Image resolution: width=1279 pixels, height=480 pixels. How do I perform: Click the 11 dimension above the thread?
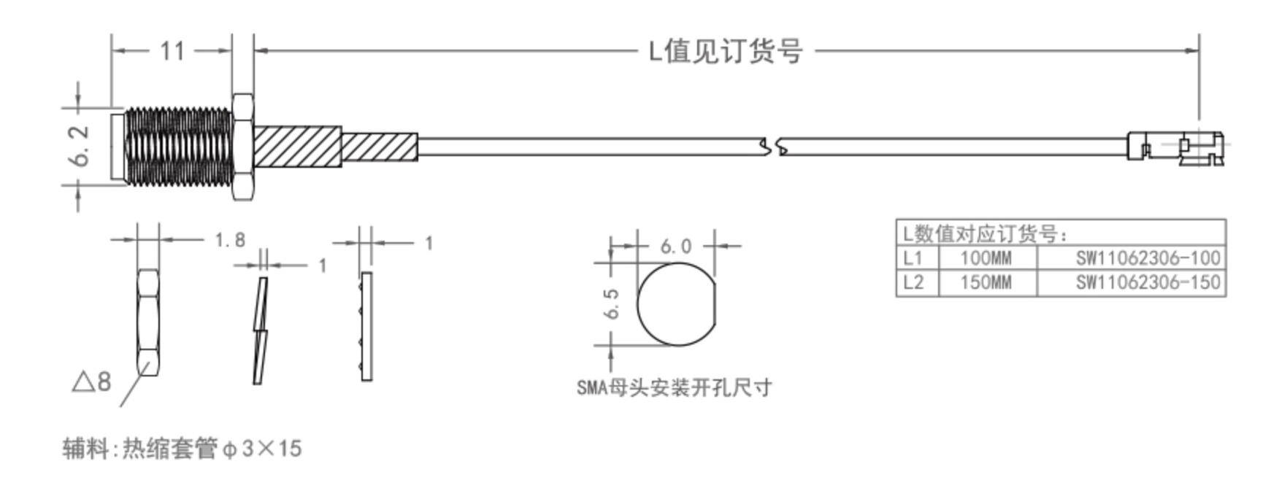[x=172, y=51]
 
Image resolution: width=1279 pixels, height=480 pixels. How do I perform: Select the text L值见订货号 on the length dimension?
[x=726, y=51]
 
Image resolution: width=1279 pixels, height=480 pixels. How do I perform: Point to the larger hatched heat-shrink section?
[x=297, y=146]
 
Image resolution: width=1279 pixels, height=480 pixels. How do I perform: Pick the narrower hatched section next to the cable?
[x=380, y=146]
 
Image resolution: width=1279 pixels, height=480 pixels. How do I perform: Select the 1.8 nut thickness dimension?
[x=230, y=240]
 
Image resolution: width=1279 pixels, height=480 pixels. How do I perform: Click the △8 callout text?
[x=92, y=381]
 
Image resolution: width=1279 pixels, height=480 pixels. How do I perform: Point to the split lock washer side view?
[x=260, y=330]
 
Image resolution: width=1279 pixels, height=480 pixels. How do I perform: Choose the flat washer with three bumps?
[x=366, y=326]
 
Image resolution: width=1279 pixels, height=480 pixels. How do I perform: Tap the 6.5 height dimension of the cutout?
[x=612, y=303]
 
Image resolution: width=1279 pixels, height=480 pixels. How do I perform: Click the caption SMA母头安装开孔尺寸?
[x=674, y=387]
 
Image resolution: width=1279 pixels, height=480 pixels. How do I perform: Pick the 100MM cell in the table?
[x=986, y=258]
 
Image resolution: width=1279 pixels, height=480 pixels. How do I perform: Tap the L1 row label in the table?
[x=913, y=258]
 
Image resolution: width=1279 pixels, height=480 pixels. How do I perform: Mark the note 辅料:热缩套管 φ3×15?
[x=182, y=448]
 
